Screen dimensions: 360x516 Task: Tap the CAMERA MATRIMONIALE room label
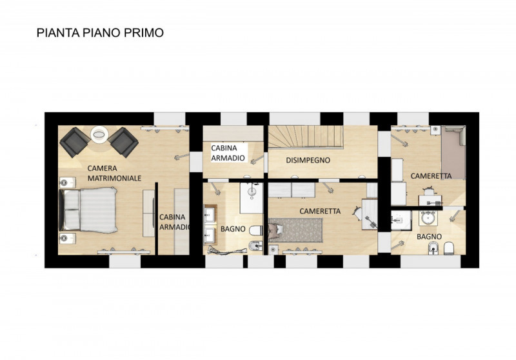114,172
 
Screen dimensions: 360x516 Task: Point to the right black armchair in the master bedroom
123,141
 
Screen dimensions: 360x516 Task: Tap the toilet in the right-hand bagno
451,247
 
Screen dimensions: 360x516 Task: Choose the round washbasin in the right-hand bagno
427,217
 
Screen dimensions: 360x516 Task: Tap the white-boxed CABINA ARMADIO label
228,153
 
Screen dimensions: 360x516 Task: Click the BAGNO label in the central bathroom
232,228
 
